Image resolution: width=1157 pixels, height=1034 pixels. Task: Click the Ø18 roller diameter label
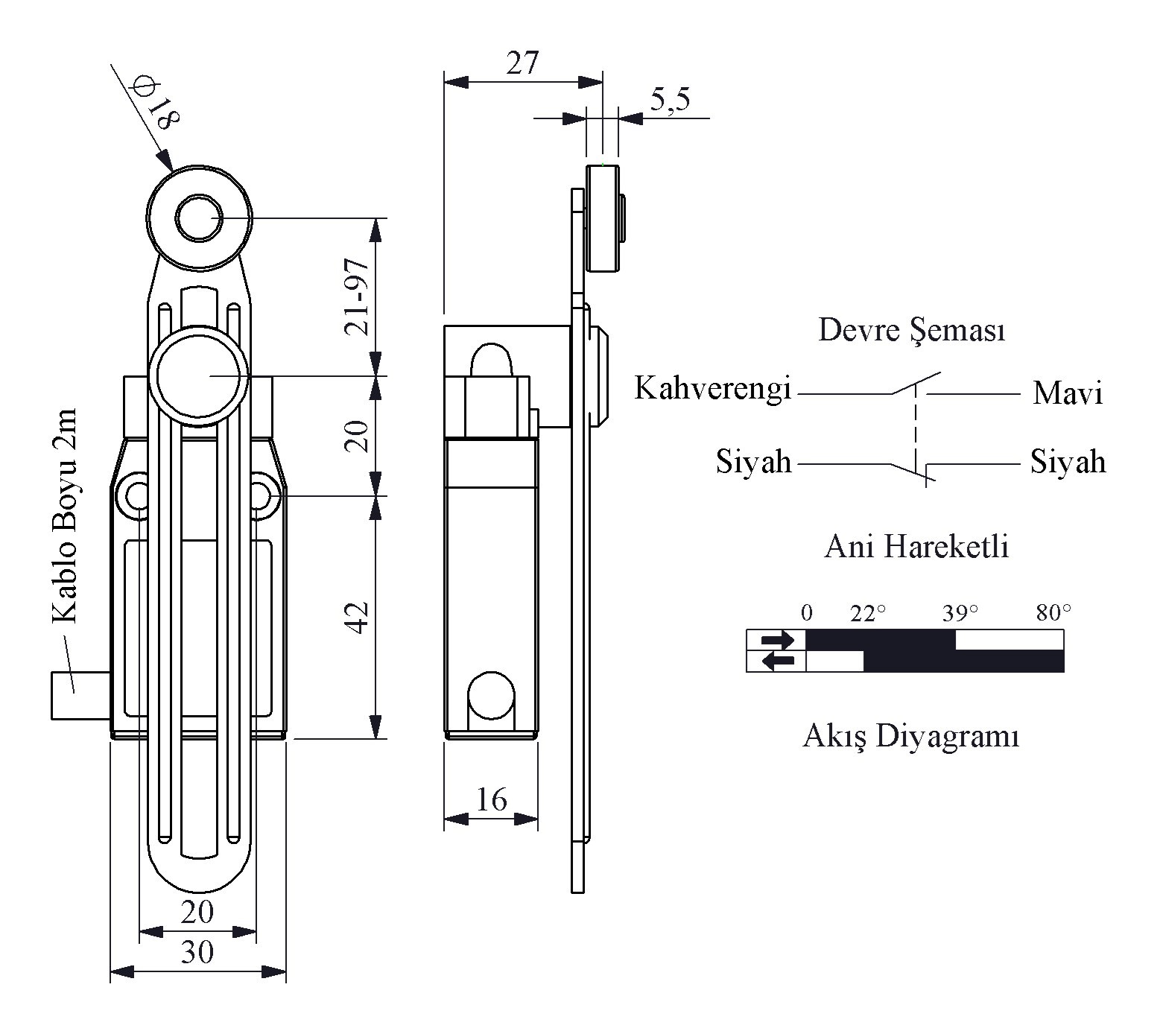pos(155,104)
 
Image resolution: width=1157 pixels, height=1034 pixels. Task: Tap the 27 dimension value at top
pos(522,64)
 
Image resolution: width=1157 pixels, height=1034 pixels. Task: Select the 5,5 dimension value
pos(671,101)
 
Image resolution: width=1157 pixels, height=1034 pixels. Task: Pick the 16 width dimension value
pos(491,800)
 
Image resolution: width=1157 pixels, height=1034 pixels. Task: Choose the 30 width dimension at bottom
pos(197,952)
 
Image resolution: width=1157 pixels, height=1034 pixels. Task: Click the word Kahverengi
pos(712,388)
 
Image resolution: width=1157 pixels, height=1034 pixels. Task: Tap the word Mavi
pos(1067,393)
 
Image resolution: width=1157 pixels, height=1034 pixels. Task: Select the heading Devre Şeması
pos(911,330)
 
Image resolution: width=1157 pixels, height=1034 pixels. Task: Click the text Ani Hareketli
pos(916,548)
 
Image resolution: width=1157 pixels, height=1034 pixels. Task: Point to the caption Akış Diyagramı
pos(910,737)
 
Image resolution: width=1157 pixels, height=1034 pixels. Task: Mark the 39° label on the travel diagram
pos(960,614)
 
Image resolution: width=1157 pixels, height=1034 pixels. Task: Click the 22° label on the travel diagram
pos(868,614)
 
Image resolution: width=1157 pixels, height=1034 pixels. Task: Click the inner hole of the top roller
pos(198,218)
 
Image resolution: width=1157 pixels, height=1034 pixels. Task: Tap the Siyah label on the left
pos(753,462)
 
